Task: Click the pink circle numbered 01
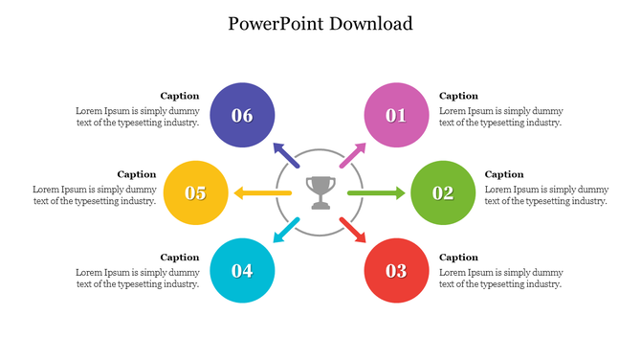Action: point(396,115)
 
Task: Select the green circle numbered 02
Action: point(443,192)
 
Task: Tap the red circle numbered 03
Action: point(396,270)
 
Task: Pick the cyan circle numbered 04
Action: point(242,270)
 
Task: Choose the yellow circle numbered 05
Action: point(195,192)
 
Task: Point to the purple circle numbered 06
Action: point(242,115)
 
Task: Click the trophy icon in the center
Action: point(320,191)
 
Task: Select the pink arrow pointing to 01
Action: point(352,155)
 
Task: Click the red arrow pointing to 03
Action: point(352,230)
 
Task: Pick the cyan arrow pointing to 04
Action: point(286,230)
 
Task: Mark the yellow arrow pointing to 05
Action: point(262,193)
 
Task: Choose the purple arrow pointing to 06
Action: point(286,155)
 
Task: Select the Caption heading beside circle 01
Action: point(458,96)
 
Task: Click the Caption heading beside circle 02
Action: point(504,174)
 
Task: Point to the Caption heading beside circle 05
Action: point(136,174)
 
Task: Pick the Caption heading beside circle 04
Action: point(179,257)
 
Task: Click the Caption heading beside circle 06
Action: point(179,96)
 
